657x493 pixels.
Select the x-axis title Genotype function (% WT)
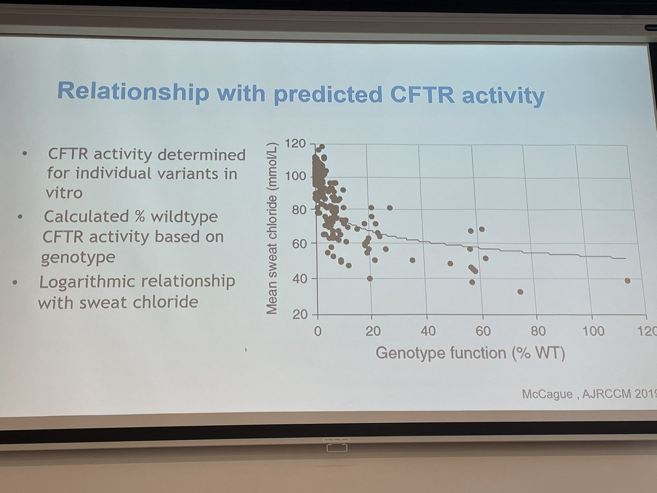click(470, 352)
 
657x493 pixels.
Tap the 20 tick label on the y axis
click(301, 314)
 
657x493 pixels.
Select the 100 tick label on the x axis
click(593, 331)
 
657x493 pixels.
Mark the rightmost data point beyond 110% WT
click(627, 280)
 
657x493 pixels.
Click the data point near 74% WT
click(520, 291)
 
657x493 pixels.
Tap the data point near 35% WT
click(412, 260)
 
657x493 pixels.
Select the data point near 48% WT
click(450, 263)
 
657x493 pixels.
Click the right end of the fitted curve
click(624, 258)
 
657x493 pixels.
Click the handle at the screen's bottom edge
click(328, 448)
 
